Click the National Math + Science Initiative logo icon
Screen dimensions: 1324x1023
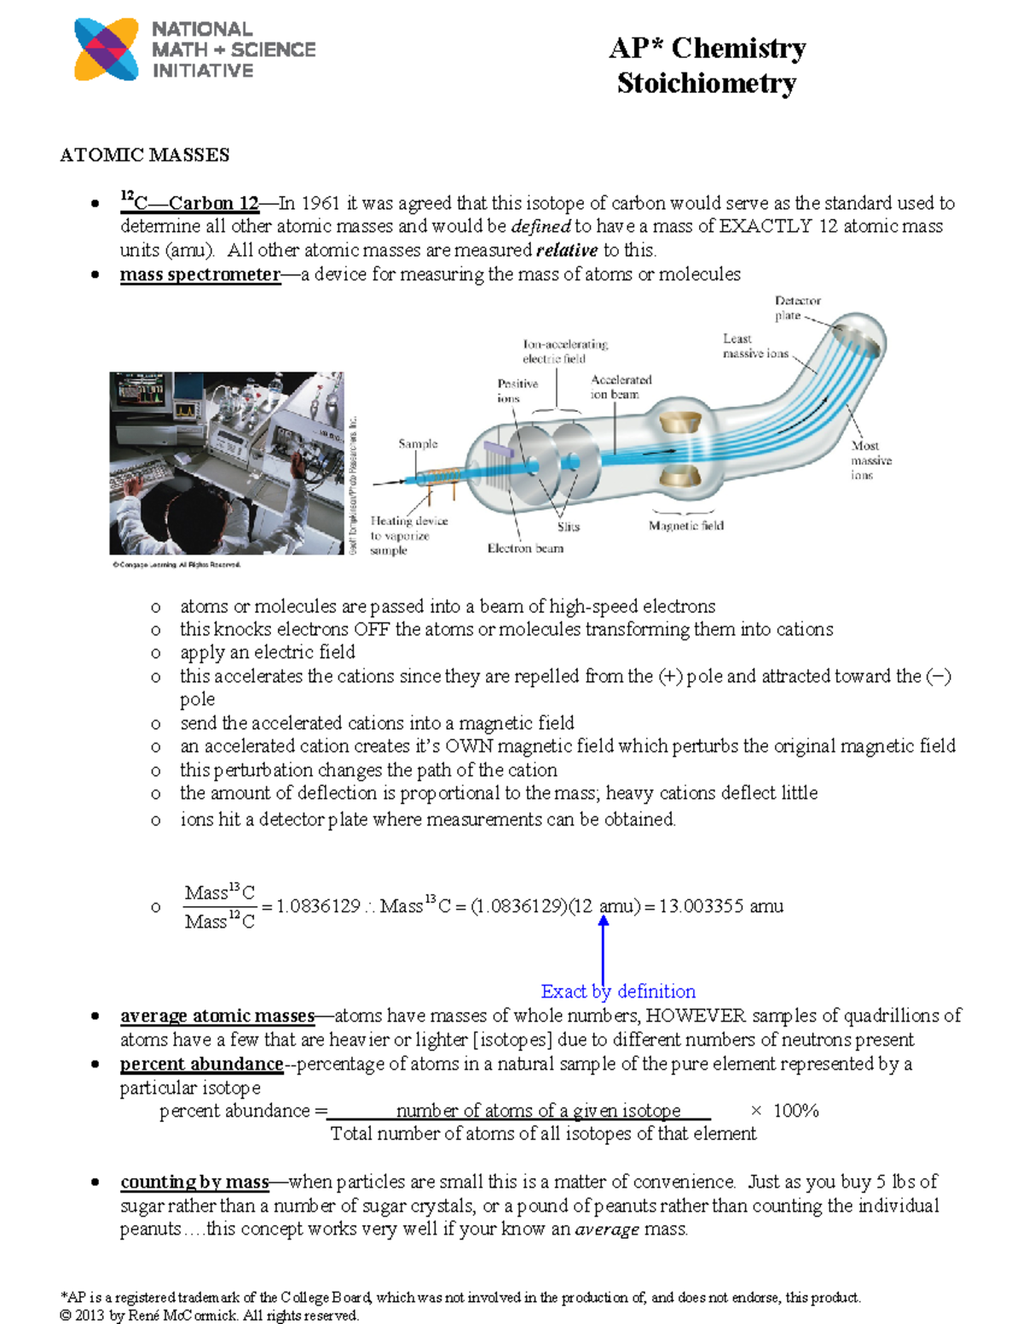(107, 49)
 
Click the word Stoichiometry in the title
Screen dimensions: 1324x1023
(706, 84)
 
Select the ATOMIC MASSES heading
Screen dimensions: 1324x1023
(144, 155)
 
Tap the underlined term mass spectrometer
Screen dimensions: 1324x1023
(199, 275)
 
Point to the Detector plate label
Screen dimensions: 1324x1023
(797, 308)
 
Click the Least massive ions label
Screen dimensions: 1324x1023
(754, 346)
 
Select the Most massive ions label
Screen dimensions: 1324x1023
(870, 460)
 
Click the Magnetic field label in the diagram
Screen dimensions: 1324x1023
(685, 526)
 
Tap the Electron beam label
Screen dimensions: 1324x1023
(525, 548)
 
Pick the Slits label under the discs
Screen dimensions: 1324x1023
(568, 527)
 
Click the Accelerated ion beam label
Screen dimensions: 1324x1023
(620, 387)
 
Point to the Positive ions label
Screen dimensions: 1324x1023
(517, 390)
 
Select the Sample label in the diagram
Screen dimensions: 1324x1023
(418, 444)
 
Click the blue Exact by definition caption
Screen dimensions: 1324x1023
(618, 992)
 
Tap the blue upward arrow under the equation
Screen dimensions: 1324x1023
(604, 946)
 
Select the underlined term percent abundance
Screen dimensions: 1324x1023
(201, 1064)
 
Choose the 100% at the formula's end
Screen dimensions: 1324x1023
(795, 1111)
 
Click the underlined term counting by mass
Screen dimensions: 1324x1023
(194, 1182)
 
